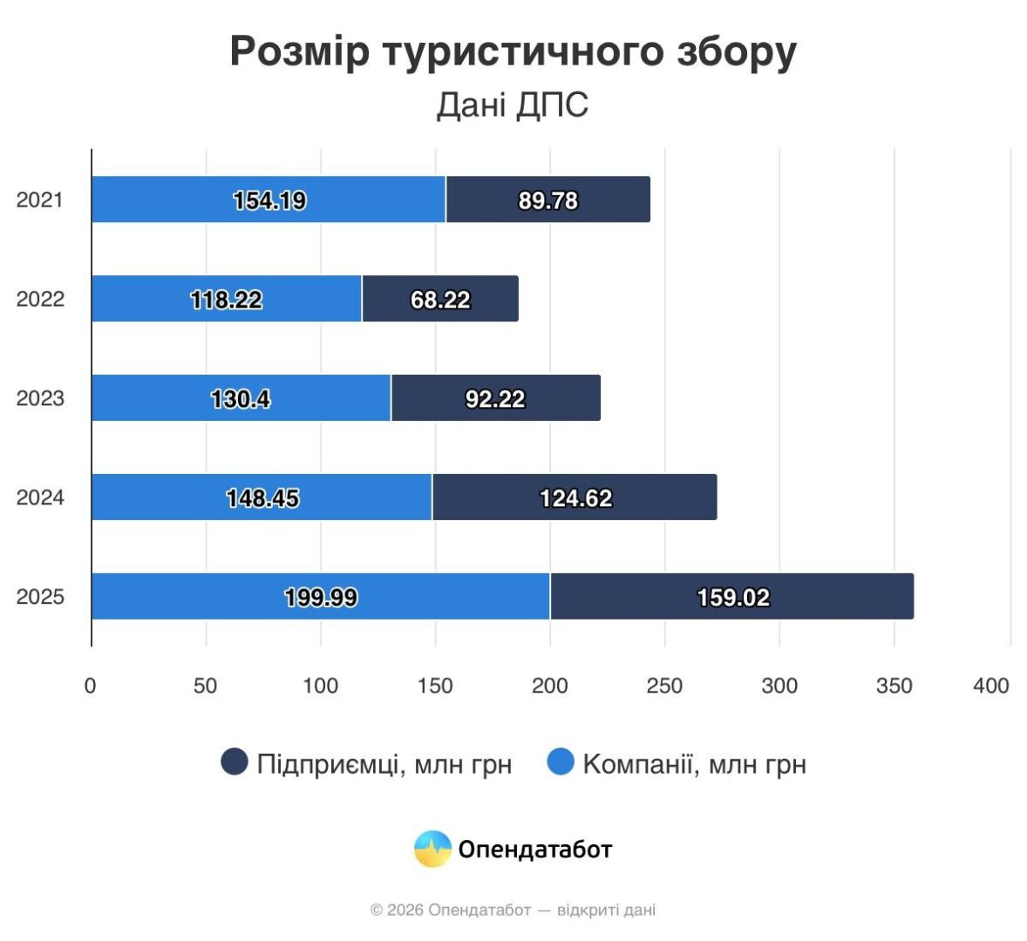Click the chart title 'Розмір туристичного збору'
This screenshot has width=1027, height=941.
point(513,51)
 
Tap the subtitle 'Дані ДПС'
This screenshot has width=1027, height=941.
point(513,105)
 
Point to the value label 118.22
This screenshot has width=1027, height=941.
point(226,300)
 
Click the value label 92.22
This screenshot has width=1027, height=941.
point(495,399)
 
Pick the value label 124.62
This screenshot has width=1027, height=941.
point(575,498)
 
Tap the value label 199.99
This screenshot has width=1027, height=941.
point(321,598)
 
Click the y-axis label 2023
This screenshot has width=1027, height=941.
point(40,398)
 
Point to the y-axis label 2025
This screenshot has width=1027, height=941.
point(40,597)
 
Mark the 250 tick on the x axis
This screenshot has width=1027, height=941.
point(664,686)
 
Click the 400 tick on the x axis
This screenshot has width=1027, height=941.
point(991,686)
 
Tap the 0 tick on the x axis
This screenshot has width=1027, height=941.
point(90,686)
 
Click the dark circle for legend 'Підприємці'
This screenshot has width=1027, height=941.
point(235,762)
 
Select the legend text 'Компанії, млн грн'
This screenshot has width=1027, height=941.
point(694,764)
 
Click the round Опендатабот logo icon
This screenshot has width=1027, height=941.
point(432,849)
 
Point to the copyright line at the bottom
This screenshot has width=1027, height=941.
point(513,911)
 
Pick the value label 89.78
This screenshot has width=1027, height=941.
point(548,200)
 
